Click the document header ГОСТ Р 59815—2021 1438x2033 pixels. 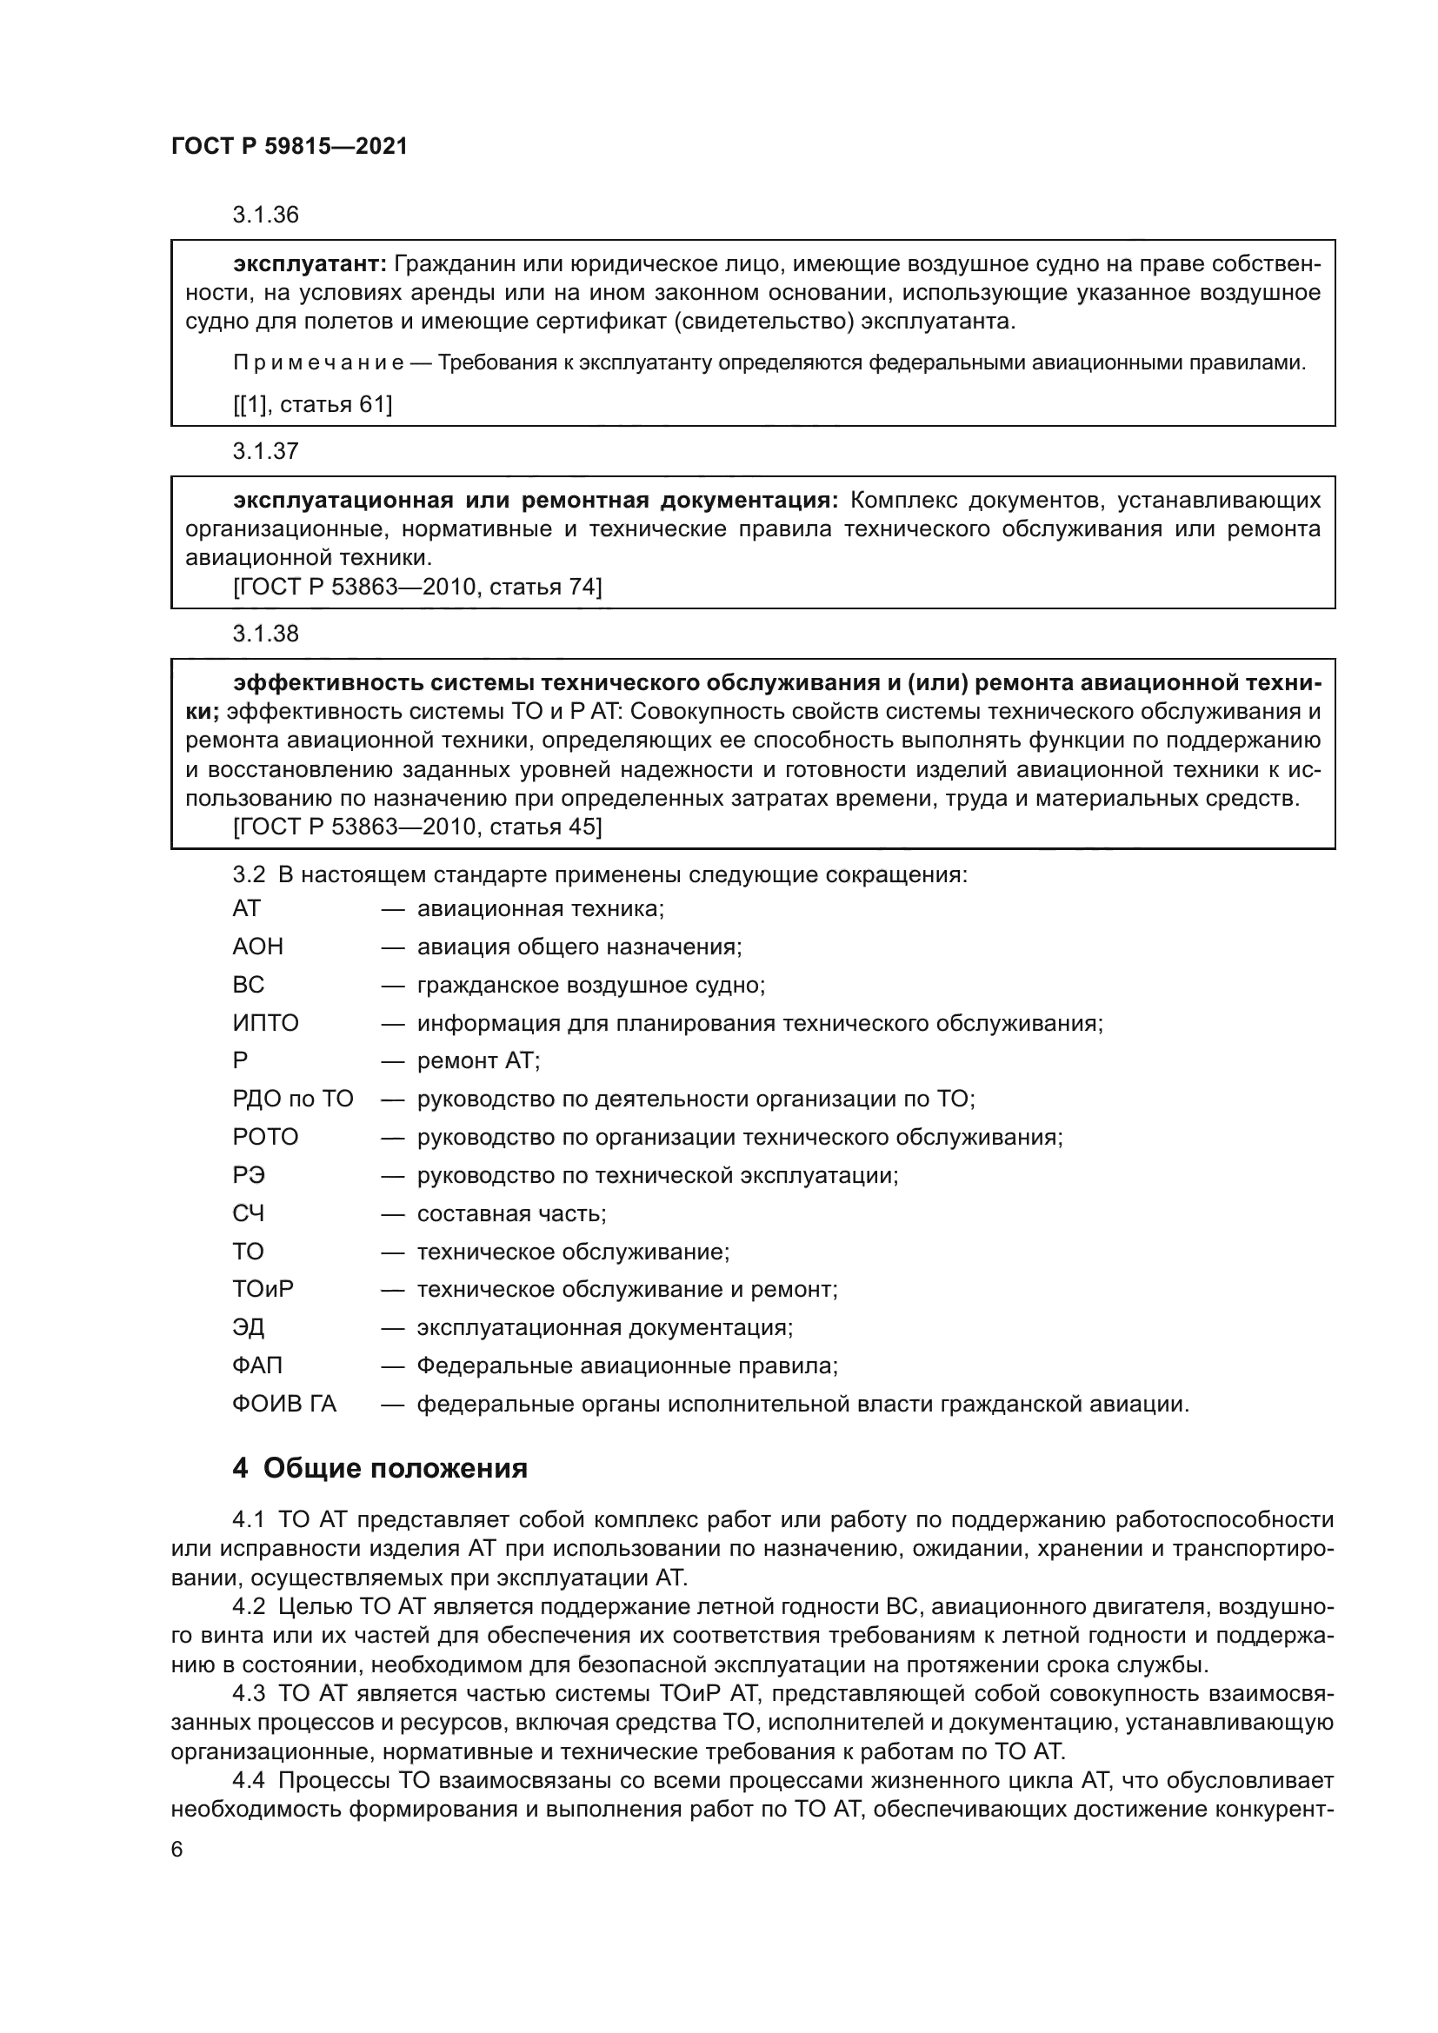coord(289,147)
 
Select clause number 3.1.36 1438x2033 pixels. coord(266,216)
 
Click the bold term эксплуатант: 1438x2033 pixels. coord(310,264)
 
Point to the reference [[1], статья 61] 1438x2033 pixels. coord(313,405)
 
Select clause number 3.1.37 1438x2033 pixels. coord(266,452)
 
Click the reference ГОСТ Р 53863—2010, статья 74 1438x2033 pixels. coord(417,586)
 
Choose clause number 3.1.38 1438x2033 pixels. coord(266,634)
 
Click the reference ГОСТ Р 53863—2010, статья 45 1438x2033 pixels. coord(417,827)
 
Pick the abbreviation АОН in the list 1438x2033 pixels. coord(257,947)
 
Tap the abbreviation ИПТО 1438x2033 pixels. coord(266,1024)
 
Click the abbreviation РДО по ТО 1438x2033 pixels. coord(293,1100)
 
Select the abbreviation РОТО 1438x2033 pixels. coord(266,1137)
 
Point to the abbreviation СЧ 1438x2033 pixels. coord(249,1213)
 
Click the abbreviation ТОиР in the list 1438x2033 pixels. coord(263,1289)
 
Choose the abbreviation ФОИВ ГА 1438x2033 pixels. coord(284,1405)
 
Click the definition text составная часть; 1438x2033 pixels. coord(512,1213)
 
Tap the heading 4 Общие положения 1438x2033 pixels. coord(380,1469)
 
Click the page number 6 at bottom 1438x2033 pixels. coord(177,1850)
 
